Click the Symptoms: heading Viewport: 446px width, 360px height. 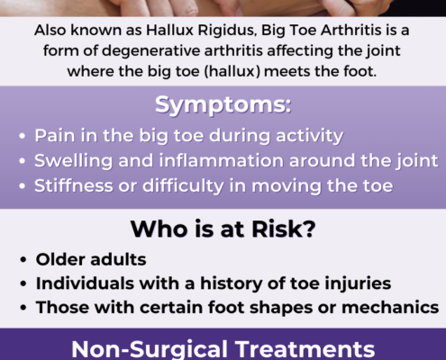[x=223, y=105]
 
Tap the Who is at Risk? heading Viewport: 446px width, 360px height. [x=223, y=229]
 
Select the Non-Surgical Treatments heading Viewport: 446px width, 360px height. [x=223, y=349]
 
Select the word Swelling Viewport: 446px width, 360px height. [x=73, y=161]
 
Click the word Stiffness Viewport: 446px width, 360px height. [x=74, y=185]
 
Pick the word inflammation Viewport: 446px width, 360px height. [x=221, y=160]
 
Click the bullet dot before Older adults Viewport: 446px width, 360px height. [x=23, y=260]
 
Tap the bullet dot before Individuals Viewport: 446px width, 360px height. [x=23, y=283]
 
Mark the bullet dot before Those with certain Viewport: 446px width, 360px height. [x=23, y=308]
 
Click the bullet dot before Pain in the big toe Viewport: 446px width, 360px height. [x=22, y=136]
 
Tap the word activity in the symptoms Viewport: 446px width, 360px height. [x=310, y=136]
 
